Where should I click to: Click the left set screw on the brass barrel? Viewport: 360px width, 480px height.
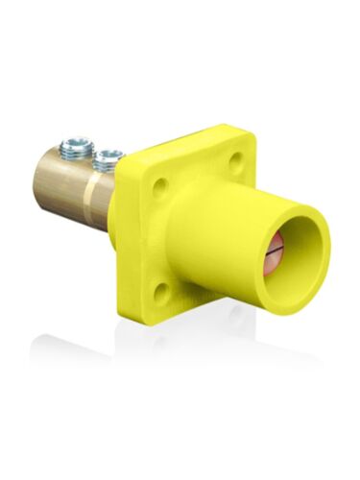(72, 148)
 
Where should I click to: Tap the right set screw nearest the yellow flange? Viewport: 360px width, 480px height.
(107, 156)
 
